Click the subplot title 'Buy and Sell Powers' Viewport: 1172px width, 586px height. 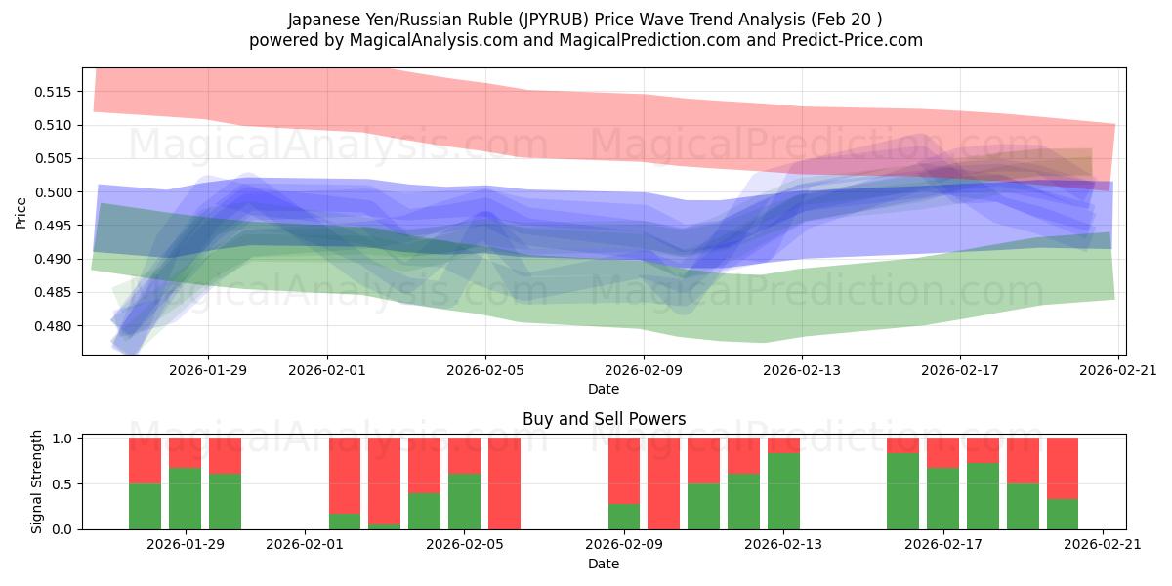(x=604, y=419)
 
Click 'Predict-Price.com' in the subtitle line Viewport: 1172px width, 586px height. (x=848, y=40)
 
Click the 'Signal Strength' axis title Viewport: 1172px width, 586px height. (x=36, y=481)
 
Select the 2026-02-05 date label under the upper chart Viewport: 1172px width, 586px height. (x=485, y=369)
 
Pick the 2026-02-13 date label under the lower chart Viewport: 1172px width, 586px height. (x=783, y=544)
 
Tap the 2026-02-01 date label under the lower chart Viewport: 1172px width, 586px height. (x=306, y=544)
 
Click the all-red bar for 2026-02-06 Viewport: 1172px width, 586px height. (x=504, y=483)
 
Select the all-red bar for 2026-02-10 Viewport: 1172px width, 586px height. (x=663, y=483)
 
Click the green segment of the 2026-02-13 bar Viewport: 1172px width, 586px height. (x=783, y=491)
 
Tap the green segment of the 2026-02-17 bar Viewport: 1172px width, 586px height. (x=942, y=498)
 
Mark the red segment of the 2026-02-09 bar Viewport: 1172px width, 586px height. (x=624, y=470)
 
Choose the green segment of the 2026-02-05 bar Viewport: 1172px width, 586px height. (x=464, y=501)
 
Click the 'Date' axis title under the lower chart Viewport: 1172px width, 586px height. (x=604, y=564)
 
